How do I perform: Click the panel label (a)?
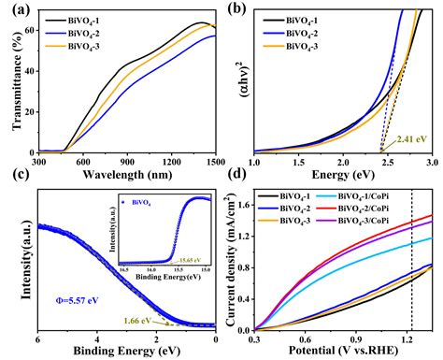pos(13,10)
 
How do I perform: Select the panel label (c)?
pos(13,186)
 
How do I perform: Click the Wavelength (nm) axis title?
pos(130,172)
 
